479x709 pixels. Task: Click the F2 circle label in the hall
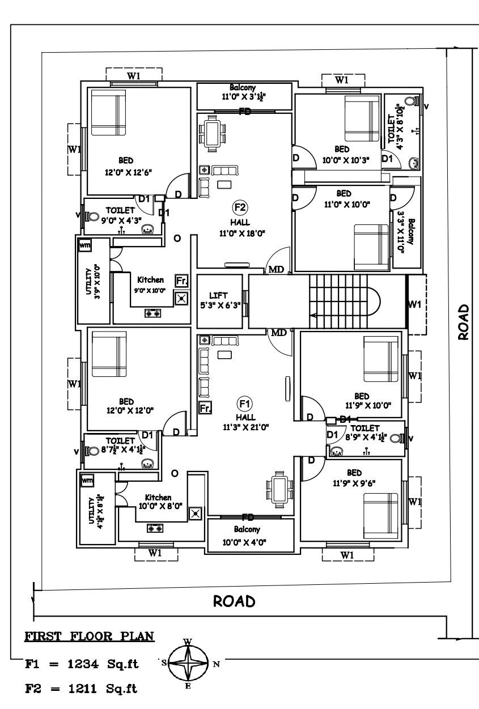[x=240, y=206]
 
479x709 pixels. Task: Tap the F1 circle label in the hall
[x=244, y=404]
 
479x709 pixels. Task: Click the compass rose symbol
[x=189, y=663]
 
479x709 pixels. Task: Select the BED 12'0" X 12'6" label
[x=126, y=165]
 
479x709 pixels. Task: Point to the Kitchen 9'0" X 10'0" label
[x=150, y=285]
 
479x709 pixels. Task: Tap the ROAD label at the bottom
[x=234, y=601]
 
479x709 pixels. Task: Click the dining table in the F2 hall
[x=213, y=133]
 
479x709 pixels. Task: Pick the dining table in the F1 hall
[x=279, y=489]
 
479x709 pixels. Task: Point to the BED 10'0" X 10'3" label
[x=343, y=155]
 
